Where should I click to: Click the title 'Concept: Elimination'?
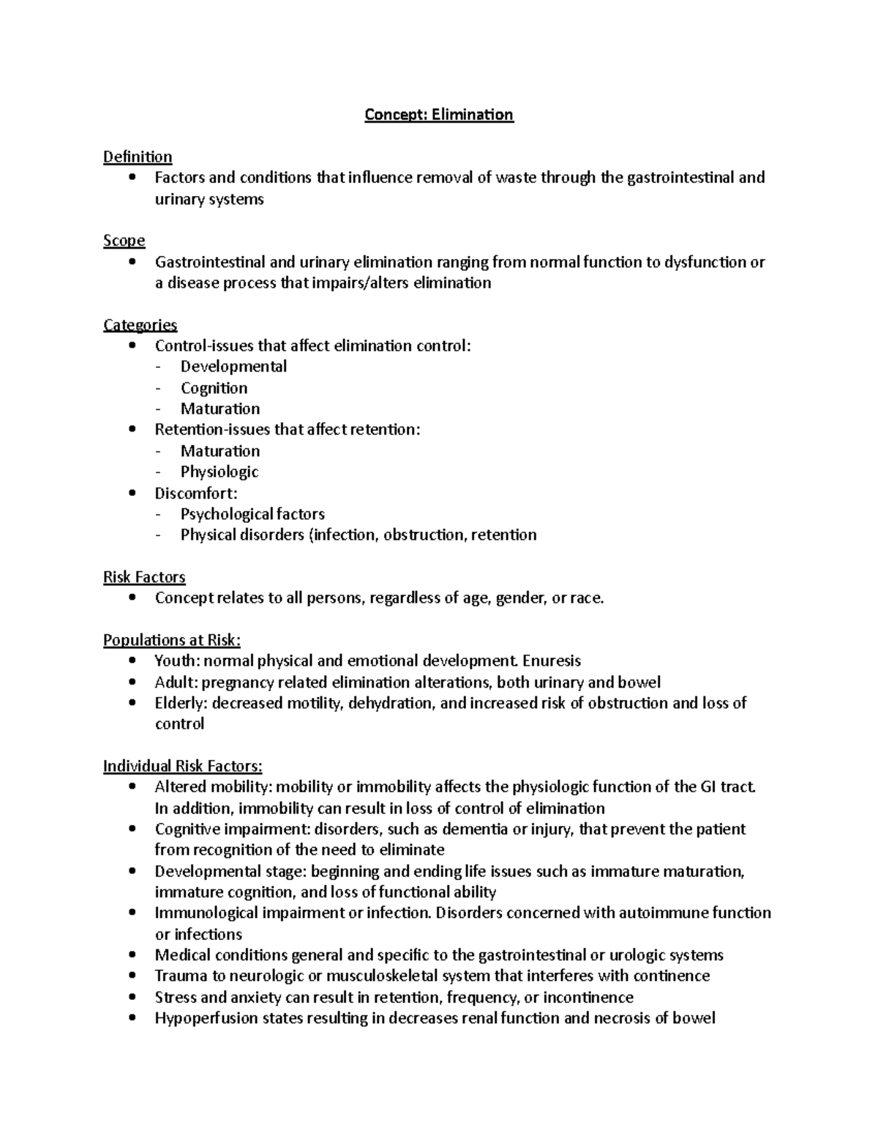tap(439, 115)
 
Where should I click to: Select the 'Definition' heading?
tap(138, 157)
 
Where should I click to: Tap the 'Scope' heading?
tap(124, 241)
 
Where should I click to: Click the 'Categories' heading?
tap(140, 325)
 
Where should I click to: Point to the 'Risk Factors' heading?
tap(144, 577)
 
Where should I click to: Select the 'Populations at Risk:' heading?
tap(171, 640)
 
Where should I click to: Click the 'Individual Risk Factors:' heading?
tap(182, 766)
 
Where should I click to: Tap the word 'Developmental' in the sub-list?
tap(233, 366)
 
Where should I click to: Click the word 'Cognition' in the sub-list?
tap(214, 388)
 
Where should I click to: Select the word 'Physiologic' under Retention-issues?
tap(219, 472)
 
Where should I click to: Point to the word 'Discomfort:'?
tap(196, 493)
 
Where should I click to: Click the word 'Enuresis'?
tap(553, 661)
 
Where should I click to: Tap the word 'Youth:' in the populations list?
tap(177, 661)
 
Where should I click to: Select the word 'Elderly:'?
tap(181, 703)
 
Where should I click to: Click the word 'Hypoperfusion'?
tap(202, 1018)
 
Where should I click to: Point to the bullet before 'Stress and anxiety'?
tap(132, 997)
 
